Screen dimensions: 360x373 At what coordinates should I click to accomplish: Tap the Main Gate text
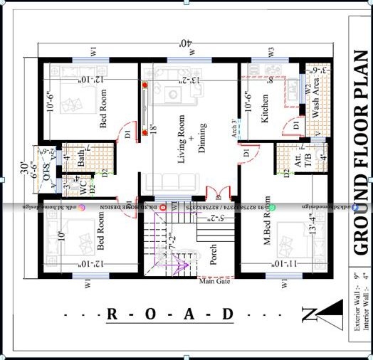point(215,282)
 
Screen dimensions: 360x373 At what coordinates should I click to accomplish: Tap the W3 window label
point(270,51)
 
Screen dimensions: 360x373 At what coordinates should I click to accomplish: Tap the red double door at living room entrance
point(215,193)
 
